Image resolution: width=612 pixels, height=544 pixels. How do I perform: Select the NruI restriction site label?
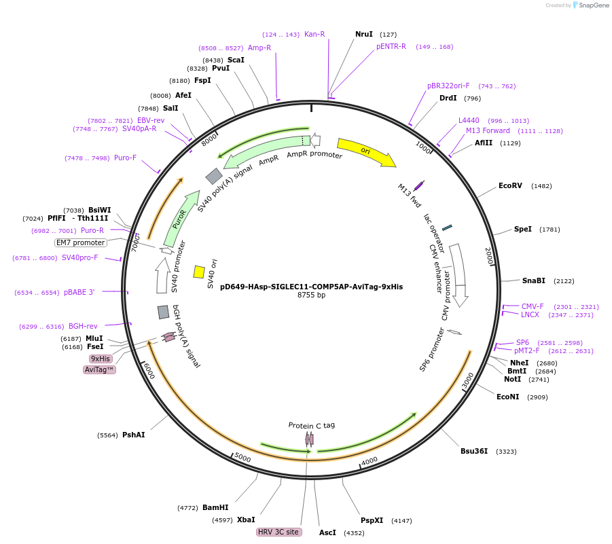tap(364, 34)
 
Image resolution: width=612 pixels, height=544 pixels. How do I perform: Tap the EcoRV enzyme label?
tap(510, 185)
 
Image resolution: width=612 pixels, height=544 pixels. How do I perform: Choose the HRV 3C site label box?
tap(278, 532)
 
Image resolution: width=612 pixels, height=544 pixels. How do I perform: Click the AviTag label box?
tap(100, 369)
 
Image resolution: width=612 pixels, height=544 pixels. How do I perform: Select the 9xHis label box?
tap(101, 359)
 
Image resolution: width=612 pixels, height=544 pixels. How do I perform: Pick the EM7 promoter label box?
tap(81, 242)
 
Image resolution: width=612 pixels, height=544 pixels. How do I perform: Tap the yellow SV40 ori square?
tap(199, 272)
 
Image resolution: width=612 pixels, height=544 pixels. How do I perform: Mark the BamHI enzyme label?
tap(215, 507)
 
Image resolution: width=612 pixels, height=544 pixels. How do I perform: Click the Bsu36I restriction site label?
tap(474, 451)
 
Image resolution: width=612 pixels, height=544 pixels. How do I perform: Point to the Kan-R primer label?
tap(314, 34)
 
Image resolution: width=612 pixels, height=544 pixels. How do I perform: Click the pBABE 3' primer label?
tap(79, 292)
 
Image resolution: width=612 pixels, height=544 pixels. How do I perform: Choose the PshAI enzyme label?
tap(134, 435)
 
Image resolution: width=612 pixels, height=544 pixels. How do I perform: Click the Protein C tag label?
tap(311, 425)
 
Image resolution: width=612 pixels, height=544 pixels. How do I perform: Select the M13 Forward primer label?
tap(488, 130)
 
